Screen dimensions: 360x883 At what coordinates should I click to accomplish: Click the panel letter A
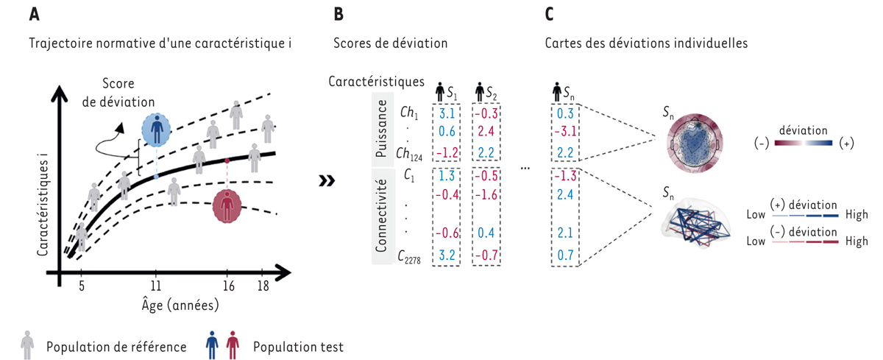click(35, 15)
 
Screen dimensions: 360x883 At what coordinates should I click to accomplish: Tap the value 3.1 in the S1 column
click(446, 114)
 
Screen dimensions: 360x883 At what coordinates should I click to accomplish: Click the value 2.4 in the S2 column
click(486, 133)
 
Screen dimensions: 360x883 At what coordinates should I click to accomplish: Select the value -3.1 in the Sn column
click(564, 133)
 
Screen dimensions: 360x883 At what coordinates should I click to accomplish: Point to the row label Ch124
click(408, 154)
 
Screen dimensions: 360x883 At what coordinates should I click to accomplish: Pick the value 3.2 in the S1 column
click(446, 255)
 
